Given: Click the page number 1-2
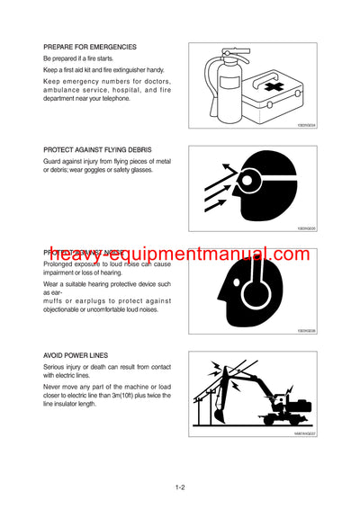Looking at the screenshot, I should pos(180,488).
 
